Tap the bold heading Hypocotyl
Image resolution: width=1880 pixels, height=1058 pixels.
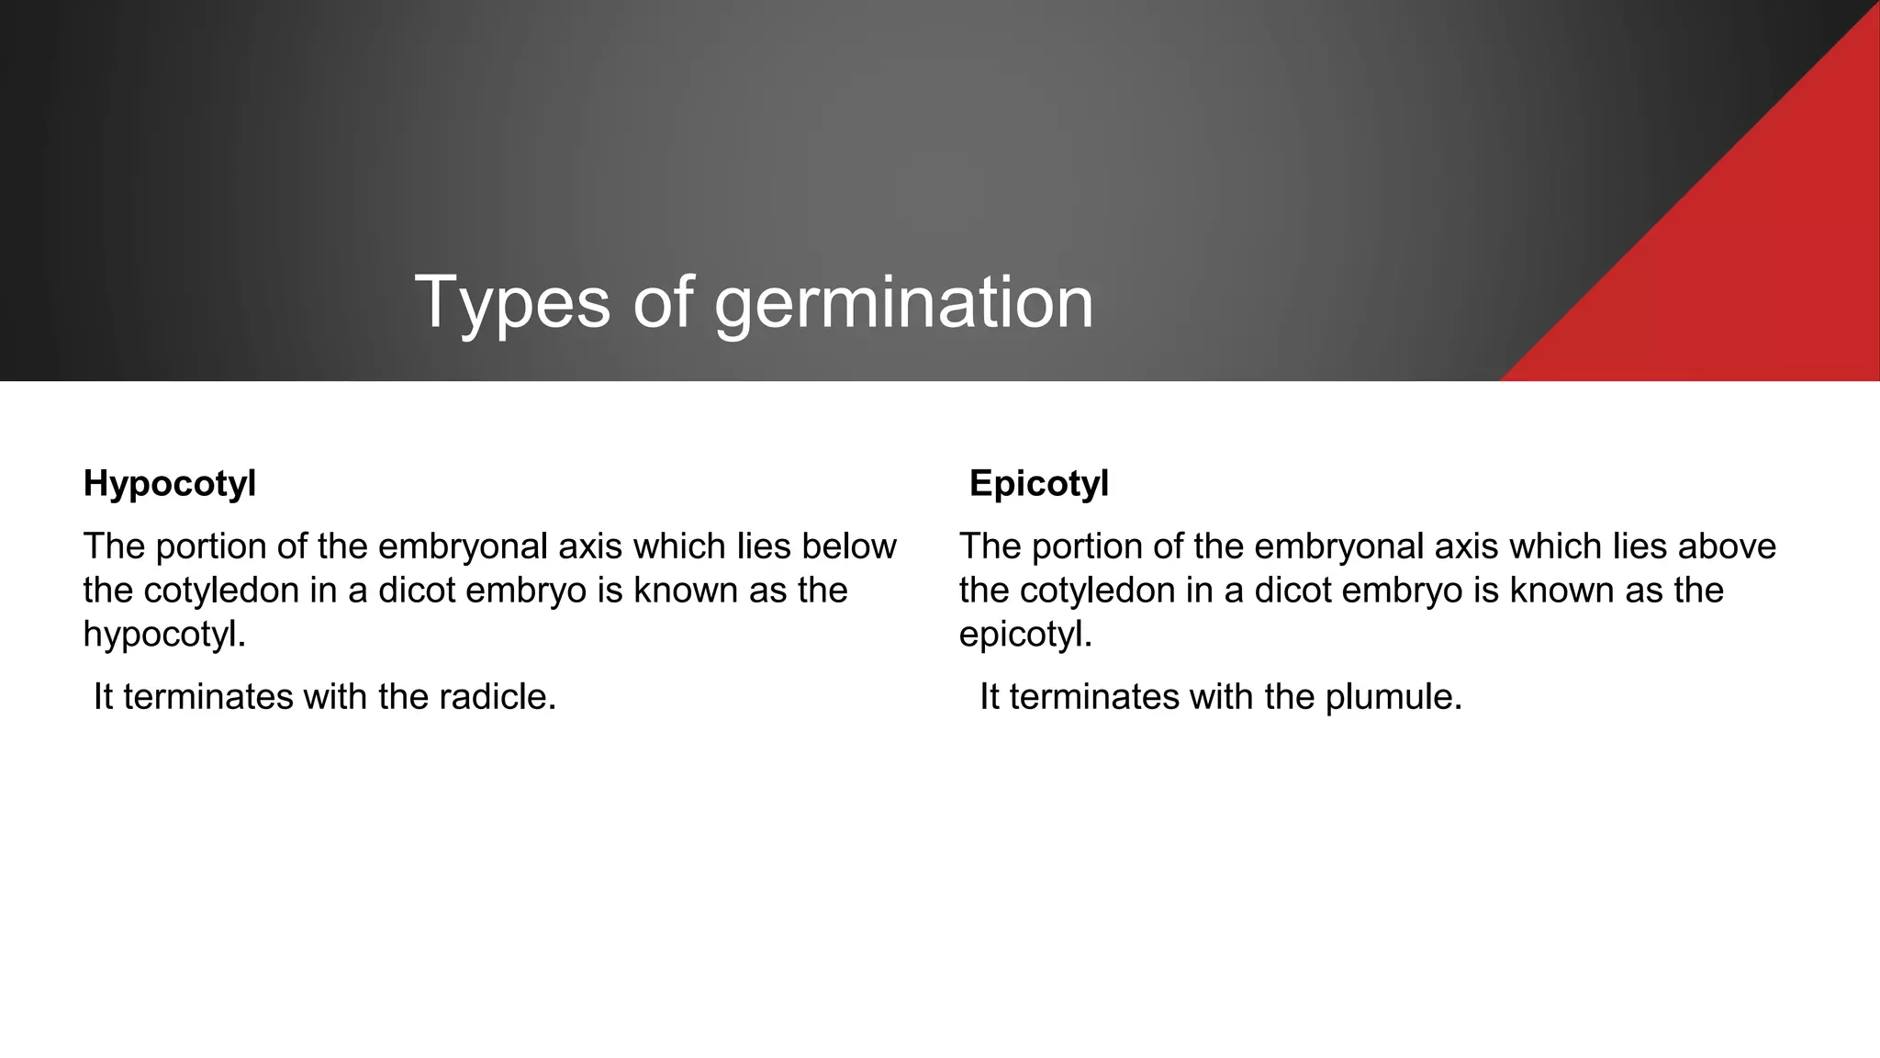coord(170,484)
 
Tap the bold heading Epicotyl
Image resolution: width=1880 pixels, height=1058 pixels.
coord(1039,484)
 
